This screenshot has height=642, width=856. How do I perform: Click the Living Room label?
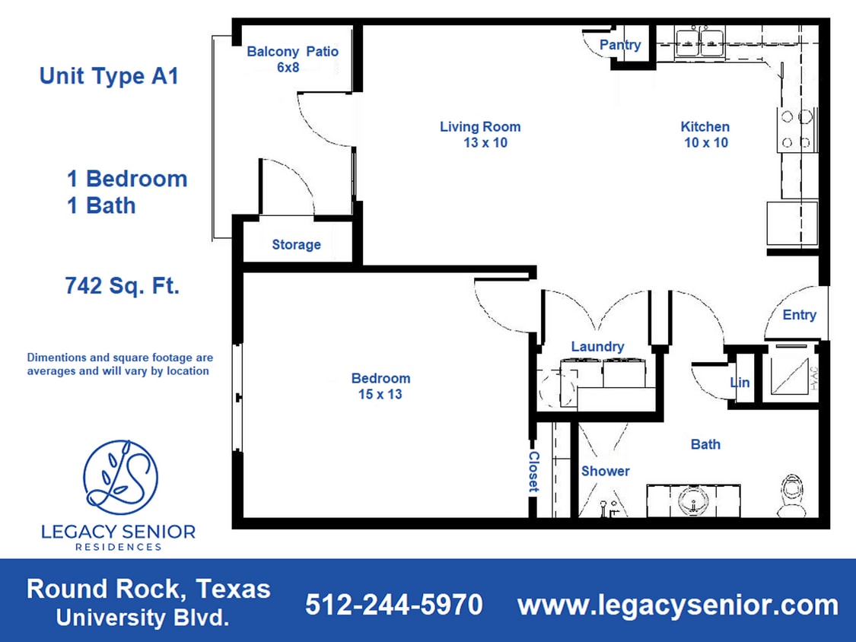click(x=480, y=134)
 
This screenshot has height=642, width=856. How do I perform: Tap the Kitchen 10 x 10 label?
click(x=705, y=134)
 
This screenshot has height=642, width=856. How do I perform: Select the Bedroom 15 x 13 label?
click(x=380, y=386)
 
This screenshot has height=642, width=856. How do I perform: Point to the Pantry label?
click(x=619, y=45)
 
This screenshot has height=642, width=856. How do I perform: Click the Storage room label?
click(x=296, y=244)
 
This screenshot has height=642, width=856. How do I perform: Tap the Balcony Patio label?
click(x=292, y=59)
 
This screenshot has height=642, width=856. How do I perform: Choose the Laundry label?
click(x=597, y=346)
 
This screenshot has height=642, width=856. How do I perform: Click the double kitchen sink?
click(x=699, y=40)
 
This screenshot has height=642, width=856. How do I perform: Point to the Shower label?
click(x=605, y=471)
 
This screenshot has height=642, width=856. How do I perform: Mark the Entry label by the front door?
click(x=799, y=314)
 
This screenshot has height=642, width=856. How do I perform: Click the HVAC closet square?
click(x=791, y=374)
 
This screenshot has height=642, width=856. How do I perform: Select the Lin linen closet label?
click(x=740, y=382)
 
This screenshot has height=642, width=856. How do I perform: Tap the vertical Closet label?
click(x=533, y=472)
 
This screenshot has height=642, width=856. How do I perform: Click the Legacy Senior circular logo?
click(x=120, y=476)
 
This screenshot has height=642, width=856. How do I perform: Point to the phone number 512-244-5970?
click(x=393, y=605)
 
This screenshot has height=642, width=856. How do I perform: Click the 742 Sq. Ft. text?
click(x=123, y=286)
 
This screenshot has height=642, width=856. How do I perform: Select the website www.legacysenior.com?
click(x=677, y=605)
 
